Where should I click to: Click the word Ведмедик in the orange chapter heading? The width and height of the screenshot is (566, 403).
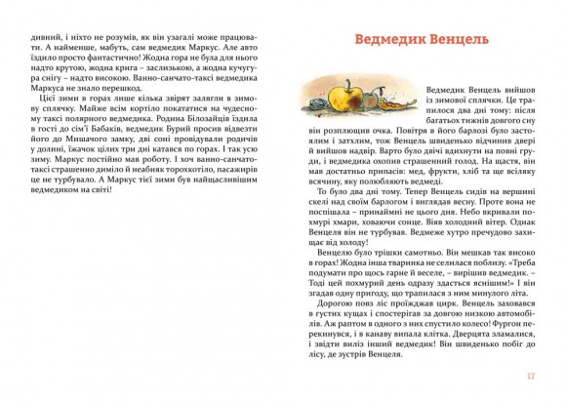[x=384, y=43]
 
